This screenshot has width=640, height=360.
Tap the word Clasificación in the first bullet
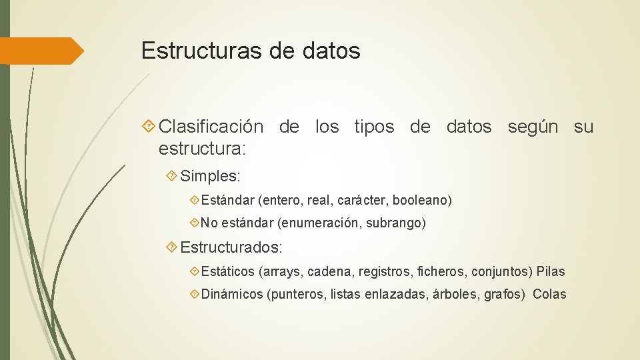(211, 127)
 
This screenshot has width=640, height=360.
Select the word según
(533, 127)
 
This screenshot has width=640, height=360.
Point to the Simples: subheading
(210, 177)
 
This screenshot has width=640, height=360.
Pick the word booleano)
(422, 200)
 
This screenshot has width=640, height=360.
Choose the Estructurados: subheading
(231, 247)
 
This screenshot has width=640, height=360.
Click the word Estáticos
(228, 271)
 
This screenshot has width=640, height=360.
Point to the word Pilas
(551, 271)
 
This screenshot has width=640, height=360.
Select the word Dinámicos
(232, 294)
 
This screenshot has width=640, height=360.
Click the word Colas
(549, 294)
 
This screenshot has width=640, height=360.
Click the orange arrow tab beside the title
(41, 51)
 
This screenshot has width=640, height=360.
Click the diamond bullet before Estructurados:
(171, 247)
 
